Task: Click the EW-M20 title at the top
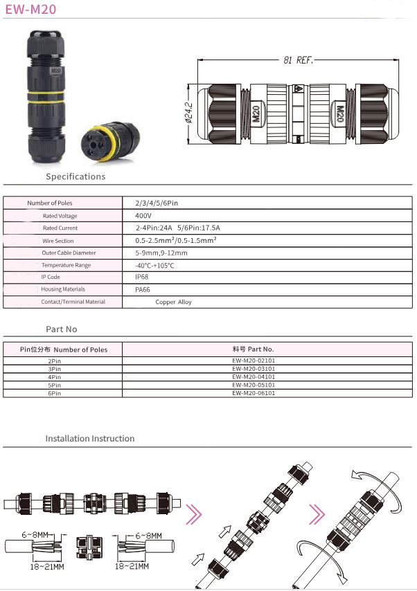(30, 9)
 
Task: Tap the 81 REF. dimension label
(298, 60)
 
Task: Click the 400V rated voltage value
(143, 216)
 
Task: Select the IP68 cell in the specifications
(141, 277)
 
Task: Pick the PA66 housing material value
(142, 290)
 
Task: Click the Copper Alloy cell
(173, 302)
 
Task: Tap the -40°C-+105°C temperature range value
(154, 265)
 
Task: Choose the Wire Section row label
(58, 241)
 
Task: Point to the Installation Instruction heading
(90, 439)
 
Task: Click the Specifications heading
(76, 176)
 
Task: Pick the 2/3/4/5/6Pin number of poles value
(157, 203)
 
